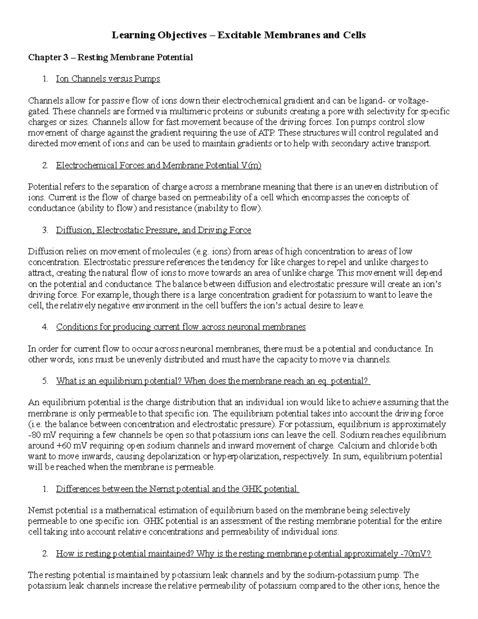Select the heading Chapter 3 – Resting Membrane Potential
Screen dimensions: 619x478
pos(110,57)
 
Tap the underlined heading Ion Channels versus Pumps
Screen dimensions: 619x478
pos(108,79)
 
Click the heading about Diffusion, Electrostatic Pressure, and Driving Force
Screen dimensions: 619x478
pos(153,230)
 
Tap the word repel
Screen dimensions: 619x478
pos(369,262)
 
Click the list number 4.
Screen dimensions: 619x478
pos(45,327)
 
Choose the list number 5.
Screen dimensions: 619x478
pos(45,381)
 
